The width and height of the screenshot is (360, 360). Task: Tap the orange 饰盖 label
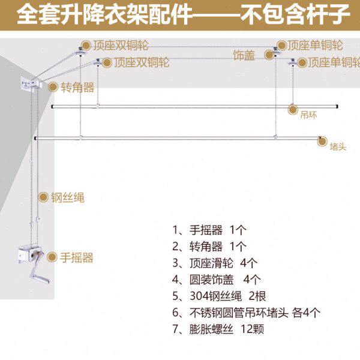tap(244, 55)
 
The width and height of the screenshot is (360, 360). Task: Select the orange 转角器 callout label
tap(77, 87)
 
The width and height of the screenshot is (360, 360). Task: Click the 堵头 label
tap(338, 145)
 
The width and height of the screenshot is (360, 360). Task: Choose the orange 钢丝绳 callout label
tap(67, 197)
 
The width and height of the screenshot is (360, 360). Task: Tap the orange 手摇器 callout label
tap(77, 257)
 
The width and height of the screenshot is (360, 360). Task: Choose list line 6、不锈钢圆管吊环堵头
tap(246, 312)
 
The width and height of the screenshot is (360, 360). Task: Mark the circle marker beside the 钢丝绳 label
tap(43, 197)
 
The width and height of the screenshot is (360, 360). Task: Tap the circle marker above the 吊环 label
tap(293, 109)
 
